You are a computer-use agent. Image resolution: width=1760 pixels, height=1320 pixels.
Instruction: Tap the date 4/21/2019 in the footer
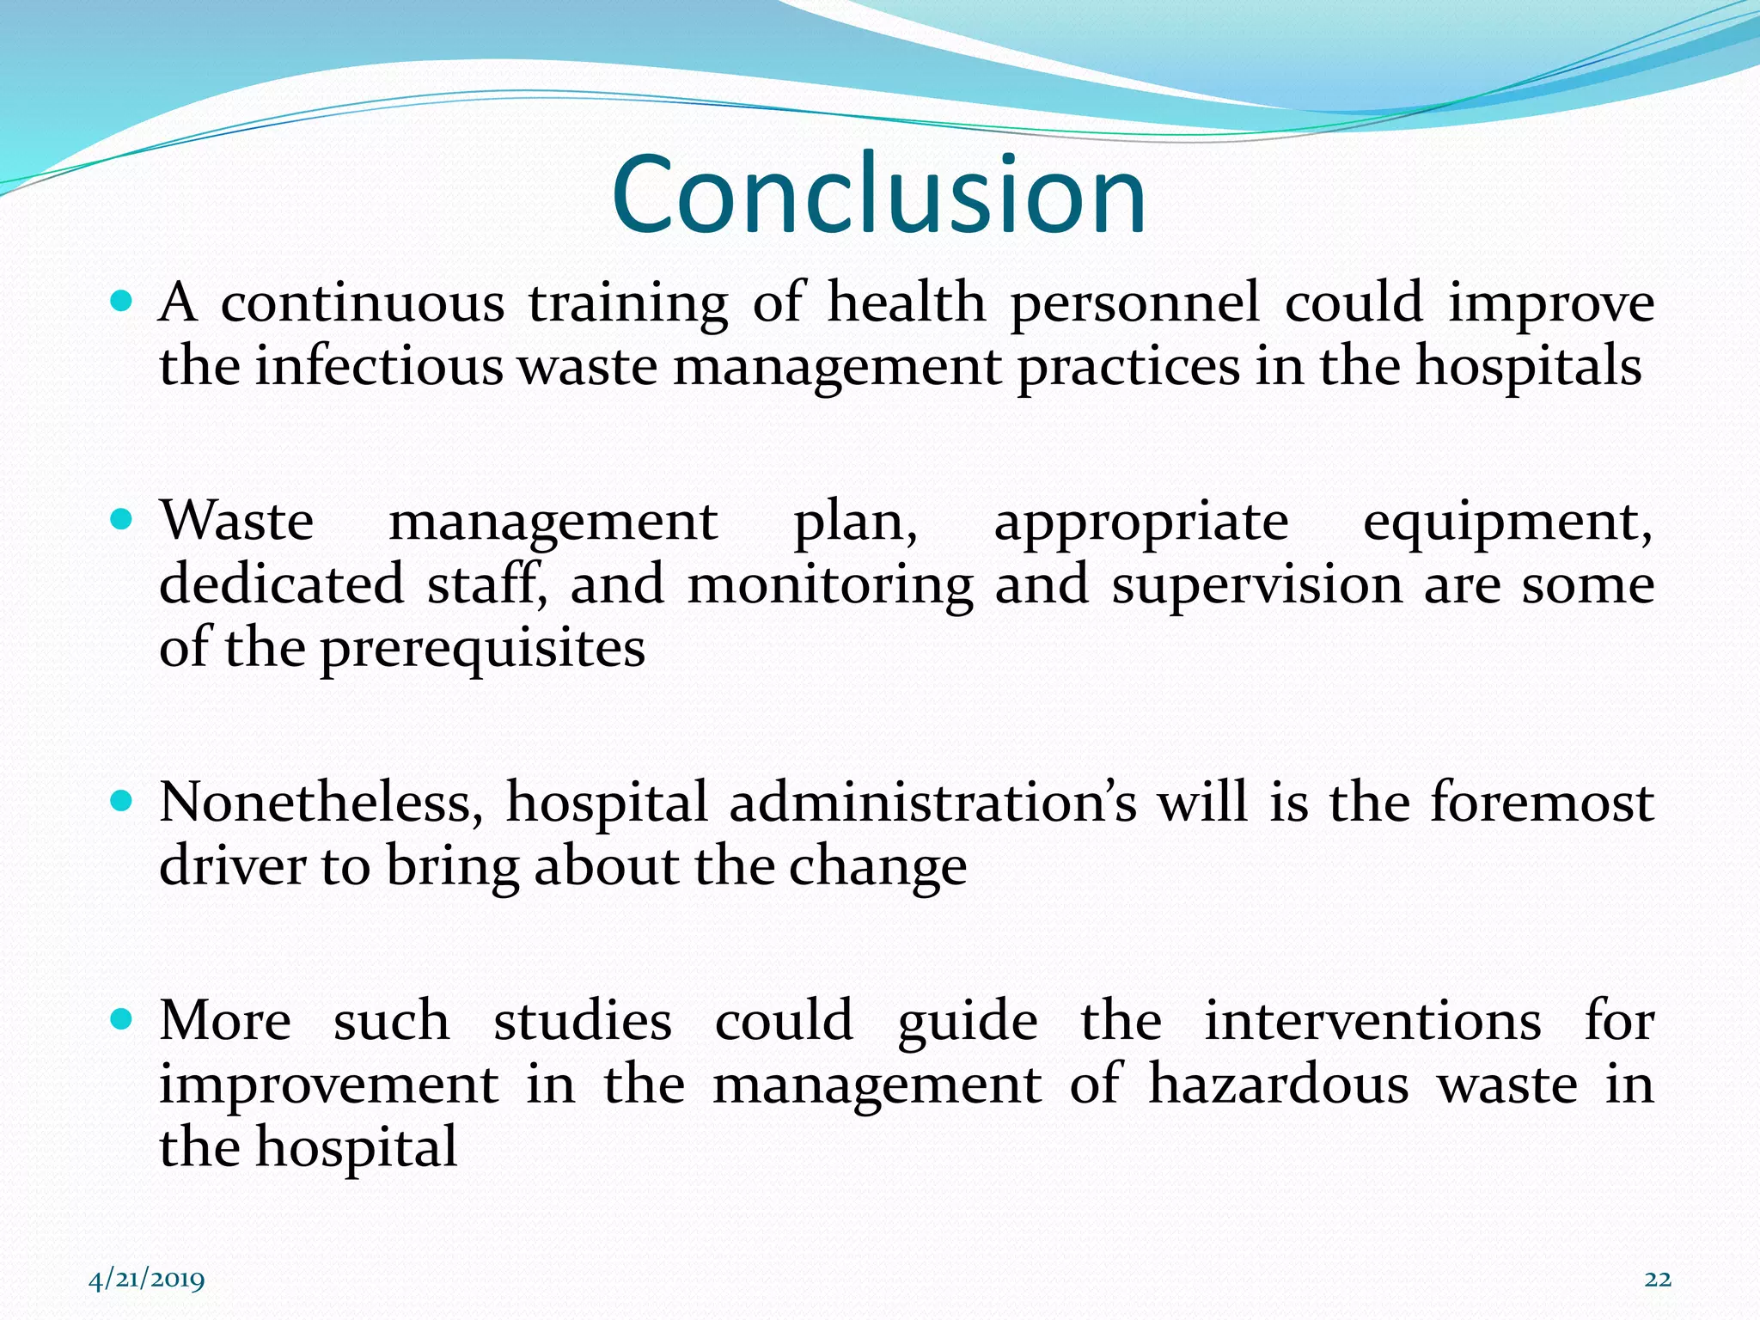click(x=147, y=1280)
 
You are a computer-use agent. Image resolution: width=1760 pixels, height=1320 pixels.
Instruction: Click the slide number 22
click(x=1658, y=1280)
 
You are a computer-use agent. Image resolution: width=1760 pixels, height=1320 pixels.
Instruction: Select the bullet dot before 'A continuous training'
click(x=122, y=302)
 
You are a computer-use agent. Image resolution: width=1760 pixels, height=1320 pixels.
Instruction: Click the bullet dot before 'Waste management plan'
click(x=122, y=519)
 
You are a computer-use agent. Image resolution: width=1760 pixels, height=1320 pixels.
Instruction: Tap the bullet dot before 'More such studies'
click(x=122, y=1019)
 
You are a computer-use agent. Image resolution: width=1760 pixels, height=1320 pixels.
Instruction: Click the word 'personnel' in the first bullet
click(x=1134, y=304)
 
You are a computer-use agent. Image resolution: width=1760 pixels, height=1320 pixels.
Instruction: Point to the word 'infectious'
click(x=378, y=366)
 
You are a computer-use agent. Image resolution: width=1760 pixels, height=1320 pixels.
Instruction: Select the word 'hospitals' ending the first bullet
click(x=1529, y=368)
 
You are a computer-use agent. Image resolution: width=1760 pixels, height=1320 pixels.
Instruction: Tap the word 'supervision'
click(x=1256, y=587)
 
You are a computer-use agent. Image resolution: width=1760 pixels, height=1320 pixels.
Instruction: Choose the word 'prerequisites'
click(x=482, y=651)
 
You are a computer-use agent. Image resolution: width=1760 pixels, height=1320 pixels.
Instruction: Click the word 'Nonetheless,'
click(x=321, y=804)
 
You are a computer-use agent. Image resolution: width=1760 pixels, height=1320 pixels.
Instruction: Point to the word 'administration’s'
click(x=932, y=804)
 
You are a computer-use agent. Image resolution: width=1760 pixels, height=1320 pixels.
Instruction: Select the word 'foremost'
click(x=1542, y=804)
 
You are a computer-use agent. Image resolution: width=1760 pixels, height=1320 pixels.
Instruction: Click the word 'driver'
click(x=232, y=866)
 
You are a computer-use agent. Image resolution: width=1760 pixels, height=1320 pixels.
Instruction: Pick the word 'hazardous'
click(x=1279, y=1085)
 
